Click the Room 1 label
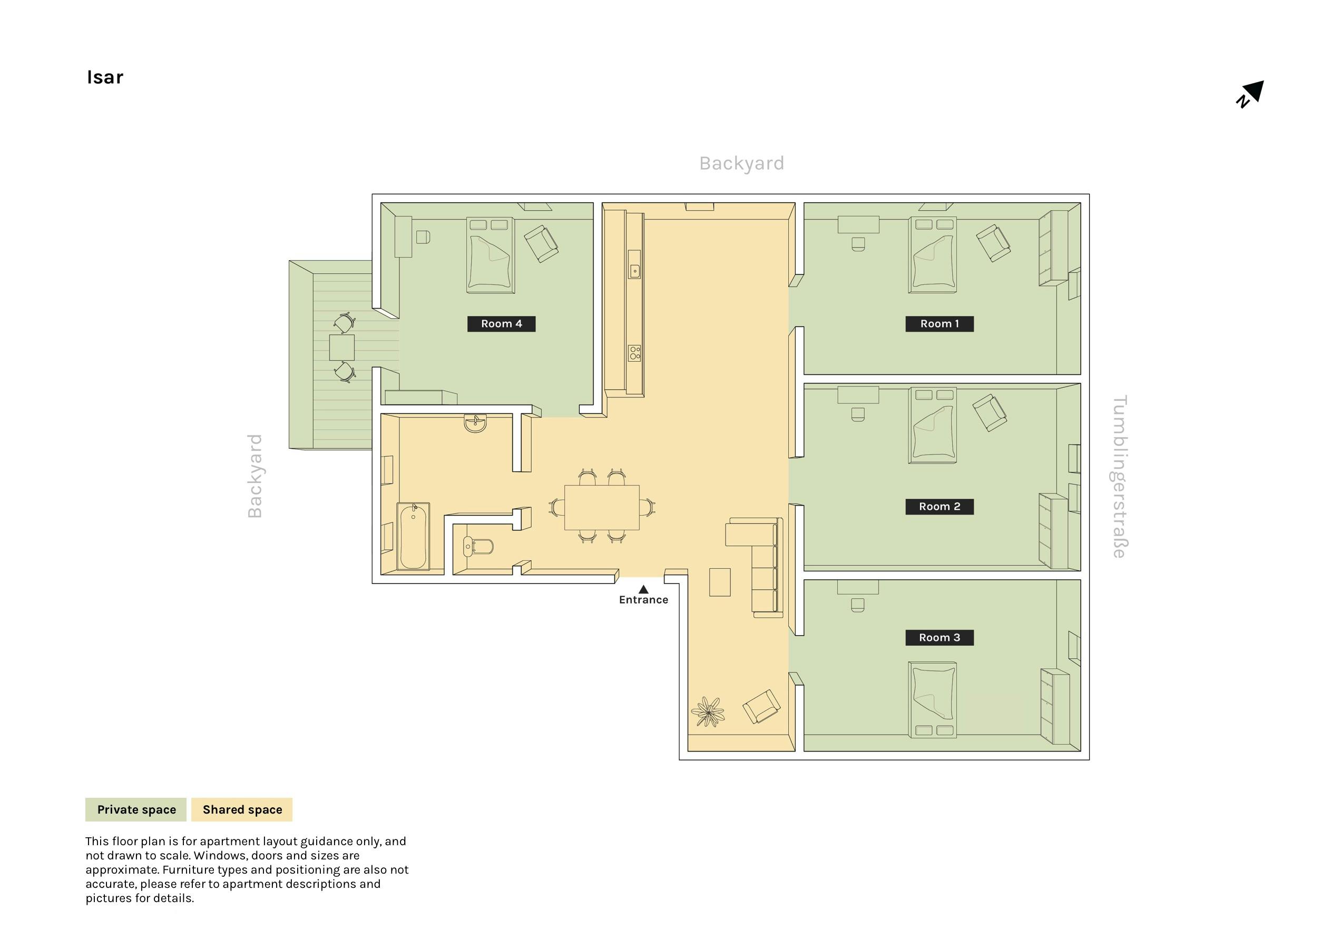click(939, 324)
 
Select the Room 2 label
click(939, 507)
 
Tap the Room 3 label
click(939, 638)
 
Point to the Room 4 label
click(502, 324)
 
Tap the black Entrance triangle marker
click(643, 589)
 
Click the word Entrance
click(643, 600)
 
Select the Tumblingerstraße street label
click(1119, 477)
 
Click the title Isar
click(105, 77)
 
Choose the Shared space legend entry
click(242, 809)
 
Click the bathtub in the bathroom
click(413, 536)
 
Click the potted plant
click(708, 711)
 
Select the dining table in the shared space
click(602, 507)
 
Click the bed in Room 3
click(933, 699)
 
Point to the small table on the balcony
click(342, 348)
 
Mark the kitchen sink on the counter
click(635, 270)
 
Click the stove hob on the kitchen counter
click(635, 352)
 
